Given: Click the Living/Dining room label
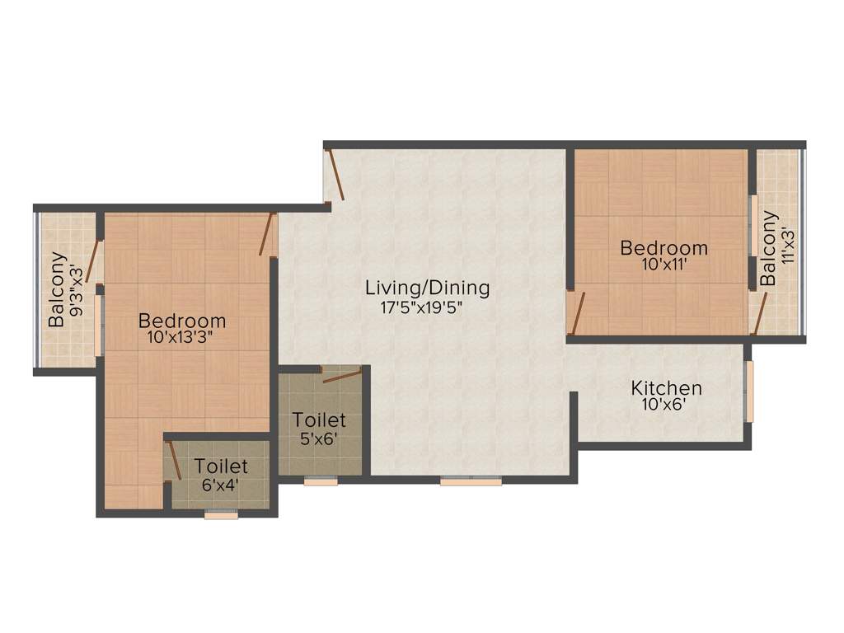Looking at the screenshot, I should pyautogui.click(x=428, y=288).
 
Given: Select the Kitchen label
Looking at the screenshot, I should pyautogui.click(x=667, y=387).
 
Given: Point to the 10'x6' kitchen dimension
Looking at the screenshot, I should pyautogui.click(x=667, y=405).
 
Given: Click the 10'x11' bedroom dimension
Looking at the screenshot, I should pyautogui.click(x=664, y=265).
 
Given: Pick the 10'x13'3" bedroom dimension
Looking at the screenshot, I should pyautogui.click(x=182, y=339).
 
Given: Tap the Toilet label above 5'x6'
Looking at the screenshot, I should pyautogui.click(x=319, y=421).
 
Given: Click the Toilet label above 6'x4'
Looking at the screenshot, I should pyautogui.click(x=221, y=467).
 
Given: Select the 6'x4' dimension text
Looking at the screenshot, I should pyautogui.click(x=221, y=485).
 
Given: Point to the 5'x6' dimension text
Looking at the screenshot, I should pyautogui.click(x=319, y=439).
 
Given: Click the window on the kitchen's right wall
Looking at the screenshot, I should pyautogui.click(x=749, y=391).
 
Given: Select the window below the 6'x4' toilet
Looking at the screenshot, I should pyautogui.click(x=221, y=514).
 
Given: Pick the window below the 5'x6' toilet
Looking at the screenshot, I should pyautogui.click(x=320, y=481).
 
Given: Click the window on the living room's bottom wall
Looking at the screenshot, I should pyautogui.click(x=471, y=481).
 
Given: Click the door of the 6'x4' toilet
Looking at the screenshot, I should pyautogui.click(x=175, y=458).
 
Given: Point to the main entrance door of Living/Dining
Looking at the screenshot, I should pyautogui.click(x=335, y=174).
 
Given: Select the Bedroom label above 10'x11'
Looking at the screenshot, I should pyautogui.click(x=664, y=247).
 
